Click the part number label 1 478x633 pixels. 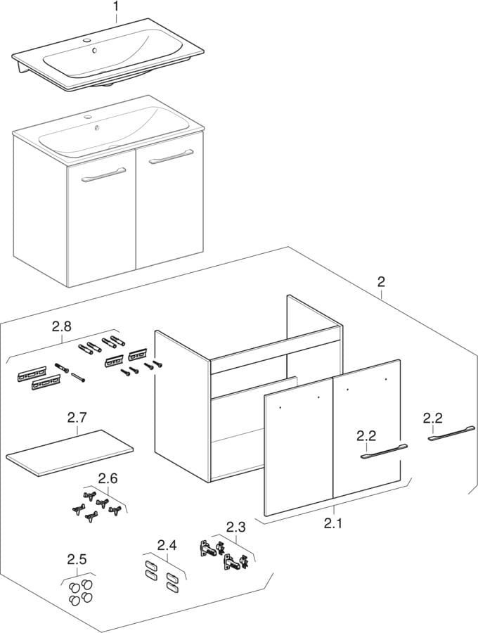116,7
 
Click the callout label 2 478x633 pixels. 381,282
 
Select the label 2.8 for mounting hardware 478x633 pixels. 62,326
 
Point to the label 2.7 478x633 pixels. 77,418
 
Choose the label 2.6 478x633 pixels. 108,478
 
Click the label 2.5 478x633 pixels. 77,560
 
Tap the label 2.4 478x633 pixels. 167,544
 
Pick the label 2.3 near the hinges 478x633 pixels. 236,526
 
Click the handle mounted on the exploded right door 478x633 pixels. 382,454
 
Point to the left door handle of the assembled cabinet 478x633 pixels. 103,175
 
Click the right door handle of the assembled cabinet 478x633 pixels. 171,158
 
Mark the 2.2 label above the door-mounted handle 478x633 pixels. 366,435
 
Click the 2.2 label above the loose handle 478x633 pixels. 432,418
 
